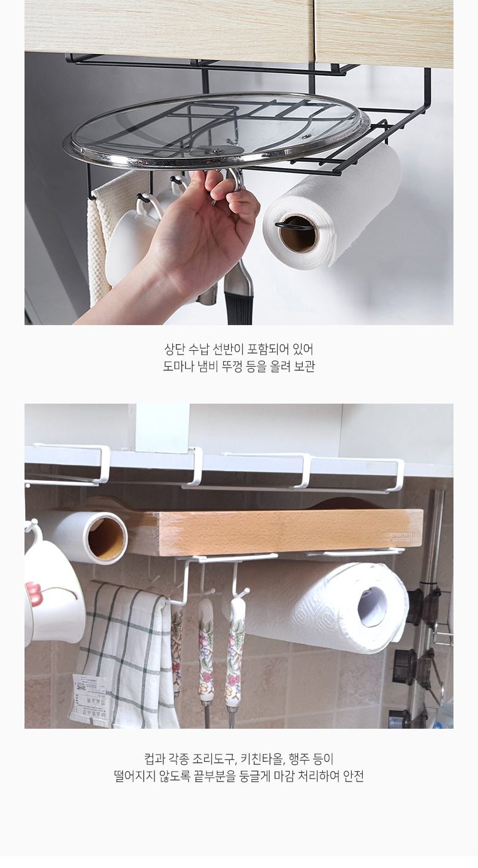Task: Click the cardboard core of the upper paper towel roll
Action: [x=299, y=234]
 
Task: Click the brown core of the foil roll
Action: [x=105, y=538]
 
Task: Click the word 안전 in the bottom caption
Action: [x=353, y=776]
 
